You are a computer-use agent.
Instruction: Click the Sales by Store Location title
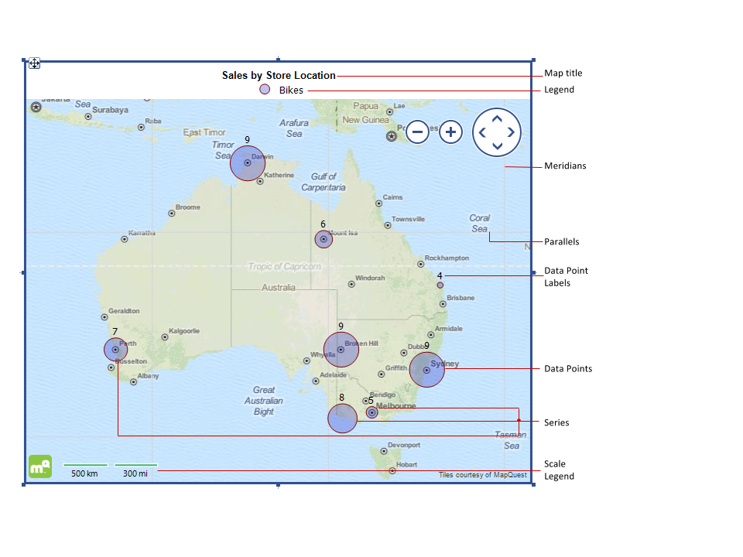[279, 75]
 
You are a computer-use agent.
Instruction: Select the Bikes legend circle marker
[265, 90]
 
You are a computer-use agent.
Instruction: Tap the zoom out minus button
[417, 132]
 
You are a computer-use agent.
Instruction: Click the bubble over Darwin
[248, 163]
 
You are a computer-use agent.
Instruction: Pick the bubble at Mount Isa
[324, 239]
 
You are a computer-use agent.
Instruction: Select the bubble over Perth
[115, 350]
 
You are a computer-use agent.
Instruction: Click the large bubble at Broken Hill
[341, 350]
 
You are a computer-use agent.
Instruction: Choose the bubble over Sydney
[426, 370]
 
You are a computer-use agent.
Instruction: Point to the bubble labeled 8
[342, 418]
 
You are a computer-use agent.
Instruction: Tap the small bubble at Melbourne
[372, 413]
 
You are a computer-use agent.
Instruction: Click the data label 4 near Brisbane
[440, 275]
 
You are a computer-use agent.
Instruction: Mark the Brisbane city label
[461, 298]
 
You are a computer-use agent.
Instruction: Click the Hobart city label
[406, 464]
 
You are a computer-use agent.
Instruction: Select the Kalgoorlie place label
[184, 331]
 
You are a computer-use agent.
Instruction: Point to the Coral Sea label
[480, 224]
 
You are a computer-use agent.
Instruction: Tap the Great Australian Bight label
[264, 401]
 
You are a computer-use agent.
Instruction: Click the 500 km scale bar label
[84, 473]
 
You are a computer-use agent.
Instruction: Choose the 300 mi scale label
[135, 473]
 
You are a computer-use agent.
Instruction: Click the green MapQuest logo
[40, 466]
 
